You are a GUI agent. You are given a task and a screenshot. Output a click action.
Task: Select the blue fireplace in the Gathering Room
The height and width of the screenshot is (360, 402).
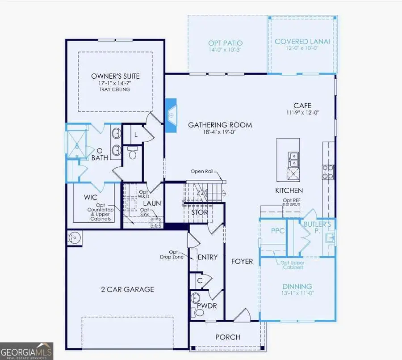[171, 115]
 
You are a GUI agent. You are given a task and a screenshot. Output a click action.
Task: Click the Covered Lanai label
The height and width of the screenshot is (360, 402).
[302, 41]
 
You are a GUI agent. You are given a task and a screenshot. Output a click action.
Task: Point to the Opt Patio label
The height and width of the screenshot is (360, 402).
[225, 43]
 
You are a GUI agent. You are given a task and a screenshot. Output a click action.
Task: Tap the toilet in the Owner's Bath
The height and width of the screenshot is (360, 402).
[132, 153]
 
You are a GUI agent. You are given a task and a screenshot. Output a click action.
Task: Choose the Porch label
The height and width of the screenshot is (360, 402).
[228, 337]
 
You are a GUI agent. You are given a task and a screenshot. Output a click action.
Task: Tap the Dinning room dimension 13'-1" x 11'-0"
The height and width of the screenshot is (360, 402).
[297, 295]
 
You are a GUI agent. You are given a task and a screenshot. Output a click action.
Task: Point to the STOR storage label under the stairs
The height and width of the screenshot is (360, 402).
[200, 212]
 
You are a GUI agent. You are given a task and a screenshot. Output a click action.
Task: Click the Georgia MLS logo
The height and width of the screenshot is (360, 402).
[27, 351]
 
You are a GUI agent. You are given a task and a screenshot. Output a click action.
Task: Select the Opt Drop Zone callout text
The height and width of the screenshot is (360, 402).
[172, 254]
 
